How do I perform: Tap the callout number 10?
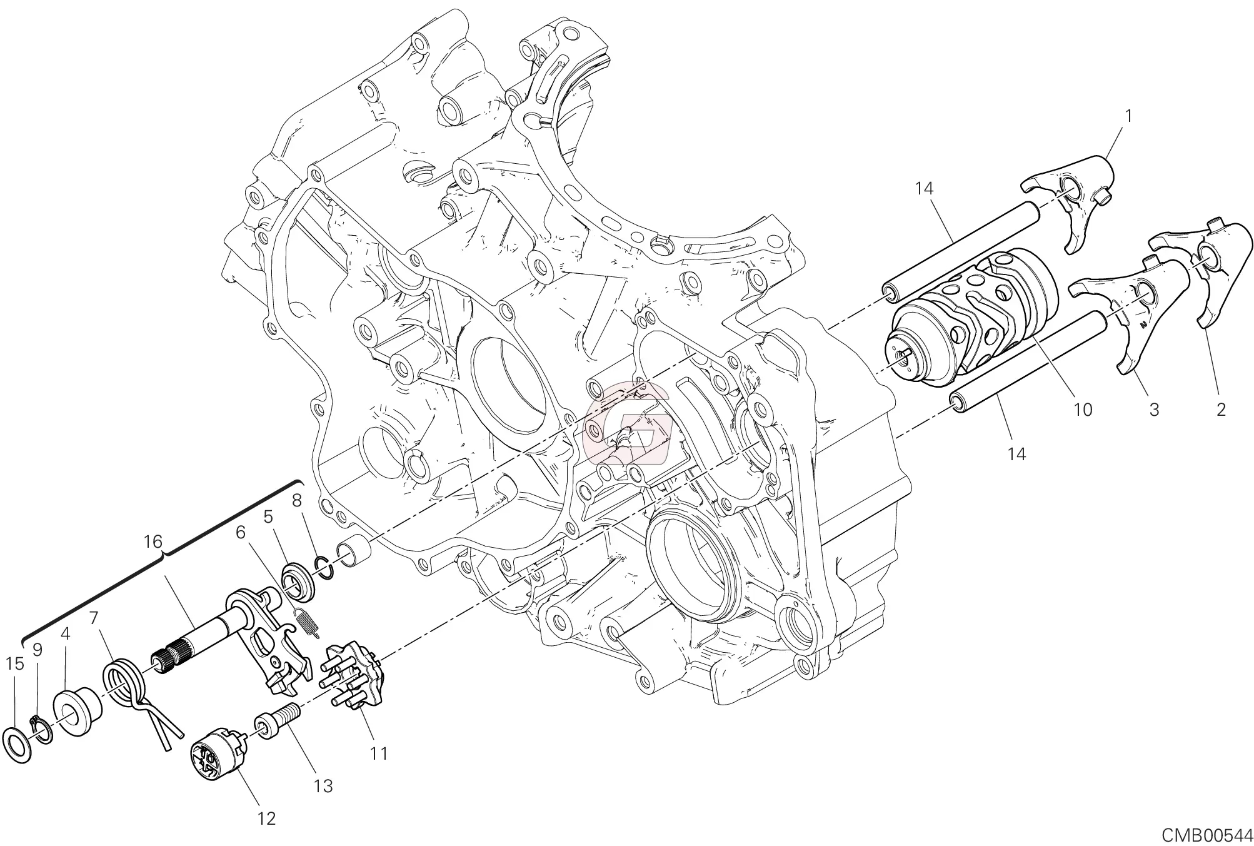click(1083, 410)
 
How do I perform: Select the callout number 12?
click(266, 818)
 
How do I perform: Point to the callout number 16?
click(153, 541)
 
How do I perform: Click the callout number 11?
click(378, 754)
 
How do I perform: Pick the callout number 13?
click(323, 786)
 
